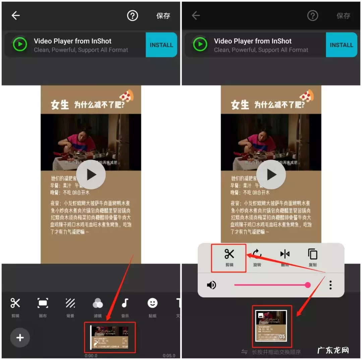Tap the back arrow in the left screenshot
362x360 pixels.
click(16, 15)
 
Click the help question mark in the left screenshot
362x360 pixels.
click(132, 15)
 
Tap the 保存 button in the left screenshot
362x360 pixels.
click(163, 16)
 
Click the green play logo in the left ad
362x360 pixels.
click(20, 45)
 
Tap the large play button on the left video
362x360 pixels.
click(91, 174)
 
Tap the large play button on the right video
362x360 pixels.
click(271, 174)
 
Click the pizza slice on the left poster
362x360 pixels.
click(127, 96)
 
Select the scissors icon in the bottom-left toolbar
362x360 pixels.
click(15, 303)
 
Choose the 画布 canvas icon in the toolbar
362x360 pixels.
click(43, 303)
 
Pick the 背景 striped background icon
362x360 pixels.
click(70, 303)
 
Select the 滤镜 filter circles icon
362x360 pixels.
click(98, 303)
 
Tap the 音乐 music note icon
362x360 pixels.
click(125, 303)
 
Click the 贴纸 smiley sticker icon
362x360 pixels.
click(153, 303)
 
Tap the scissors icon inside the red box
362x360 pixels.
click(229, 254)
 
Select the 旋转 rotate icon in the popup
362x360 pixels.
click(257, 254)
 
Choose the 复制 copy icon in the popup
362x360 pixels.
click(312, 254)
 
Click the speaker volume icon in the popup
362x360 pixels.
click(212, 285)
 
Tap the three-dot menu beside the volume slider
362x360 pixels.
click(330, 285)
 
